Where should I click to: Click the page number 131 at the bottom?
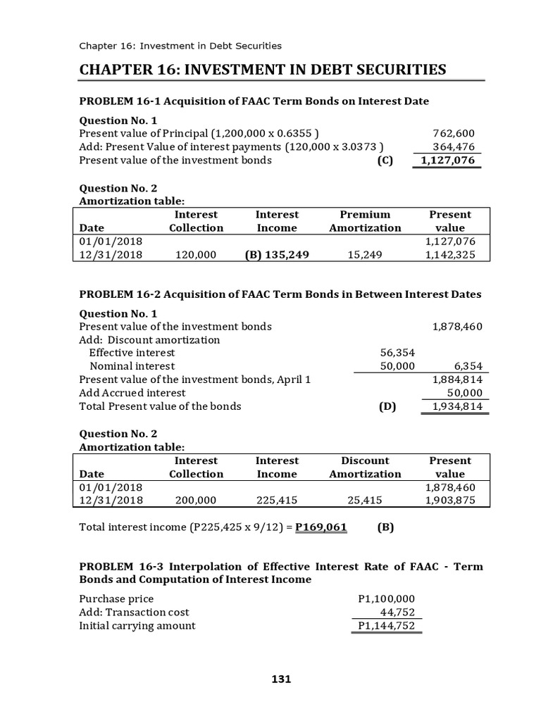281,679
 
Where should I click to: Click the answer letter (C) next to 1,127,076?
385,160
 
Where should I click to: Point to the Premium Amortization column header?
365,221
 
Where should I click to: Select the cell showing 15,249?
365,255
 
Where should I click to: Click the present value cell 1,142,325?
450,255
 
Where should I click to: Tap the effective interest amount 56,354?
397,353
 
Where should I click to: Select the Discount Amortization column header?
365,467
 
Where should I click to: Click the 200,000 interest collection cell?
196,501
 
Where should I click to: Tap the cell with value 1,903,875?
450,501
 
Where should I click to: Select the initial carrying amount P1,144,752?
386,625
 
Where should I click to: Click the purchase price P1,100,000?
386,598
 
